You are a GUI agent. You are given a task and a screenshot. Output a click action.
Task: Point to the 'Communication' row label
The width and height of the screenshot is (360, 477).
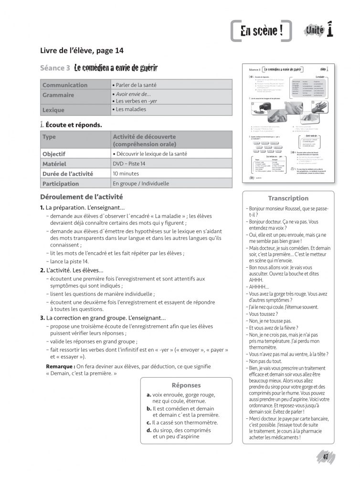[65, 85]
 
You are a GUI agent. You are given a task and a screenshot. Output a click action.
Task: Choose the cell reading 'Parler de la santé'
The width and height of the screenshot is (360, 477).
[134, 85]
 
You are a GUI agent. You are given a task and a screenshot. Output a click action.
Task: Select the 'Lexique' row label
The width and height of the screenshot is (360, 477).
[53, 110]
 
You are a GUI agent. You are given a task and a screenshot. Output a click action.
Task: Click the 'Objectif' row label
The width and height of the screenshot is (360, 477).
[54, 154]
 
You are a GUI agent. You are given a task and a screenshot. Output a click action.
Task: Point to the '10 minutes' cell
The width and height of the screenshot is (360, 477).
[126, 174]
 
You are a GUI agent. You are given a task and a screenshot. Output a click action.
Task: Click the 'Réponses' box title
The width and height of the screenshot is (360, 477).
[186, 385]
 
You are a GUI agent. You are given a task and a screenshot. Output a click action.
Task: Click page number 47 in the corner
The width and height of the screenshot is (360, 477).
[326, 456]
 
